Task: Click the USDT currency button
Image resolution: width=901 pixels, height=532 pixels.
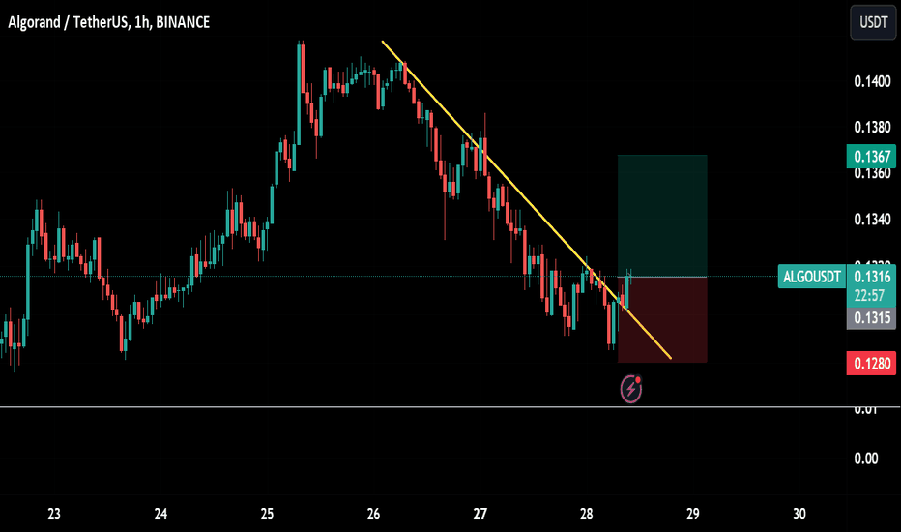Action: tap(873, 22)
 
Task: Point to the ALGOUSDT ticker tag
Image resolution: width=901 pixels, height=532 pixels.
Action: tap(811, 278)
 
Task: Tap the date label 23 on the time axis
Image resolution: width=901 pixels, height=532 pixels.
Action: tap(54, 513)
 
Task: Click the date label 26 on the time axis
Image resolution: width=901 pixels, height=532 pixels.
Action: tap(374, 513)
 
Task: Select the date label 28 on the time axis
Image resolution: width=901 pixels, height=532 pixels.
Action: tap(587, 513)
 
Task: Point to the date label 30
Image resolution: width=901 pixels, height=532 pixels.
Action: tap(799, 513)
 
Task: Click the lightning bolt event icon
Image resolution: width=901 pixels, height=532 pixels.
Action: tap(631, 389)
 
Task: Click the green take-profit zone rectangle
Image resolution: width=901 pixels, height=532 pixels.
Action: tap(662, 216)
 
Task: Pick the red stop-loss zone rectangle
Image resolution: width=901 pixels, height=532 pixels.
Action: tap(662, 320)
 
